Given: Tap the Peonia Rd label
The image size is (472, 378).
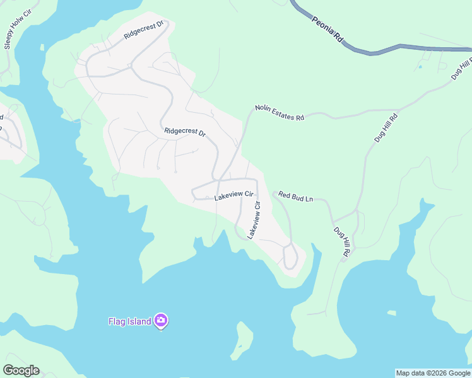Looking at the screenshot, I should pyautogui.click(x=327, y=29).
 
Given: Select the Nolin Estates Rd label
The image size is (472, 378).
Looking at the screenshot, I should pyautogui.click(x=280, y=113).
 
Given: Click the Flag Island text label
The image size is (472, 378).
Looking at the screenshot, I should pyautogui.click(x=129, y=321).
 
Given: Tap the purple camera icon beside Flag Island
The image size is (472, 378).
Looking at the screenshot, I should pyautogui.click(x=161, y=321).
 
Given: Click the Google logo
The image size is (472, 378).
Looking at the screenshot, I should pyautogui.click(x=21, y=370).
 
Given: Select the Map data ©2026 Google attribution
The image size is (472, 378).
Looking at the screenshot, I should pyautogui.click(x=433, y=373).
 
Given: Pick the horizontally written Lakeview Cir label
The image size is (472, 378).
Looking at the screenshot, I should pyautogui.click(x=233, y=197).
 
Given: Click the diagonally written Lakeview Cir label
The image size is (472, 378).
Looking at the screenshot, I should pyautogui.click(x=254, y=219).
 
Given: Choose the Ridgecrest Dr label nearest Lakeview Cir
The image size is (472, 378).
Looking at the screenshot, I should pyautogui.click(x=185, y=132).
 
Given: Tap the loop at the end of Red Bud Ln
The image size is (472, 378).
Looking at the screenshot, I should pyautogui.click(x=290, y=257).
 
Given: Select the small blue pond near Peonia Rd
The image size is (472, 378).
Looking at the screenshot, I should pyautogui.click(x=420, y=66).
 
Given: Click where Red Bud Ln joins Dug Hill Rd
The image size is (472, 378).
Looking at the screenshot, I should pyautogui.click(x=333, y=220).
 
